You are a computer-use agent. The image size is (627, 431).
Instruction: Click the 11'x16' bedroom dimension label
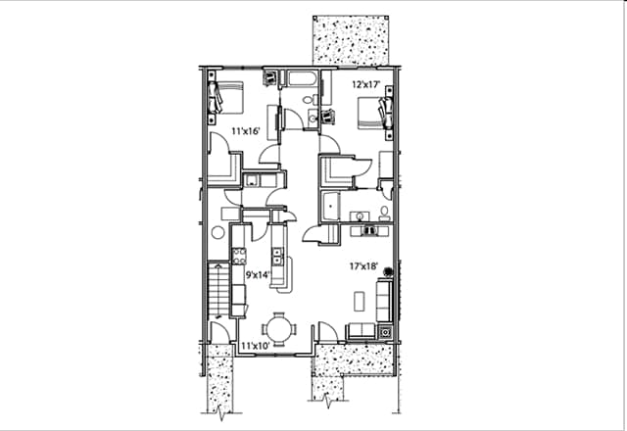click(x=244, y=130)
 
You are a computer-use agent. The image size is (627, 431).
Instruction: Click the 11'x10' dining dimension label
click(x=256, y=346)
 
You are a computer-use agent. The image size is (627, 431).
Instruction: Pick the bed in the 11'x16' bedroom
click(x=227, y=99)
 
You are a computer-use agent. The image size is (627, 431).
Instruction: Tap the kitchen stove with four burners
click(x=239, y=257)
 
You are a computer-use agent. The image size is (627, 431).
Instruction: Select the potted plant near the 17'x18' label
click(x=389, y=272)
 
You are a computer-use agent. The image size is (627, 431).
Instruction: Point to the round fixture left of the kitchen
click(x=217, y=233)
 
